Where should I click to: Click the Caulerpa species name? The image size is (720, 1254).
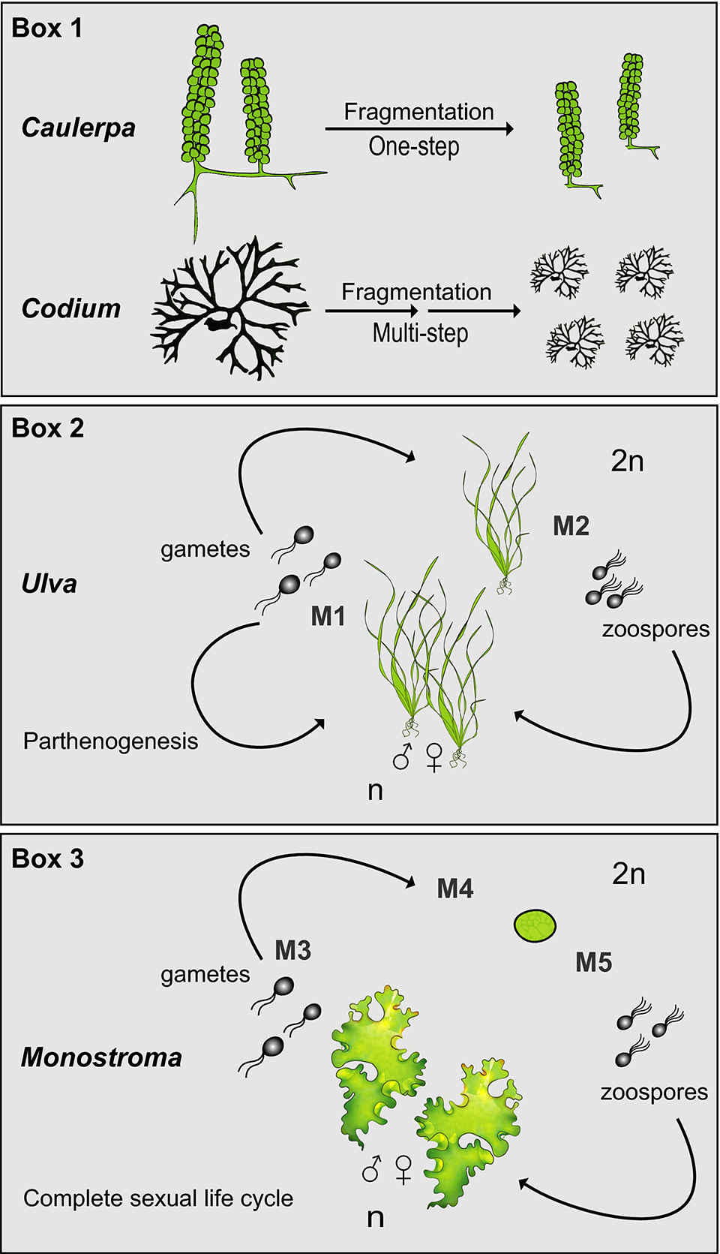click(79, 128)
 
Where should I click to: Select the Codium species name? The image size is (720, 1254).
click(71, 308)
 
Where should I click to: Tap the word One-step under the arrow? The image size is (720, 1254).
click(414, 146)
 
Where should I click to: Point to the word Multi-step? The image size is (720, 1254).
click(420, 332)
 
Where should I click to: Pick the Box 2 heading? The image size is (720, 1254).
click(48, 428)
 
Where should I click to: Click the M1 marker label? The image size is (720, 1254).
click(328, 617)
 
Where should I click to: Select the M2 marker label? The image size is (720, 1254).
click(571, 526)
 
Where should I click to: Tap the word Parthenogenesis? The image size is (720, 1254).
click(111, 741)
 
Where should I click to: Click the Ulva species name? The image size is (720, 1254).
click(49, 584)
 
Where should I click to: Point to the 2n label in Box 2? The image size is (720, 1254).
click(628, 461)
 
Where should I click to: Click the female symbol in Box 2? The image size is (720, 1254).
click(433, 757)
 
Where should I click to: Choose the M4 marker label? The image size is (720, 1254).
click(455, 889)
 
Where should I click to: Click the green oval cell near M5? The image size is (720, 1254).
click(535, 925)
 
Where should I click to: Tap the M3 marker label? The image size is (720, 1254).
click(292, 951)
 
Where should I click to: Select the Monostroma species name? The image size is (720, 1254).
click(102, 1057)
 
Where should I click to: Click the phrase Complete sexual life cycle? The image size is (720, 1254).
click(158, 1198)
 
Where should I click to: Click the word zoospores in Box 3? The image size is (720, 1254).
click(654, 1092)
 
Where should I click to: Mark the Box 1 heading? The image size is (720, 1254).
click(46, 28)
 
